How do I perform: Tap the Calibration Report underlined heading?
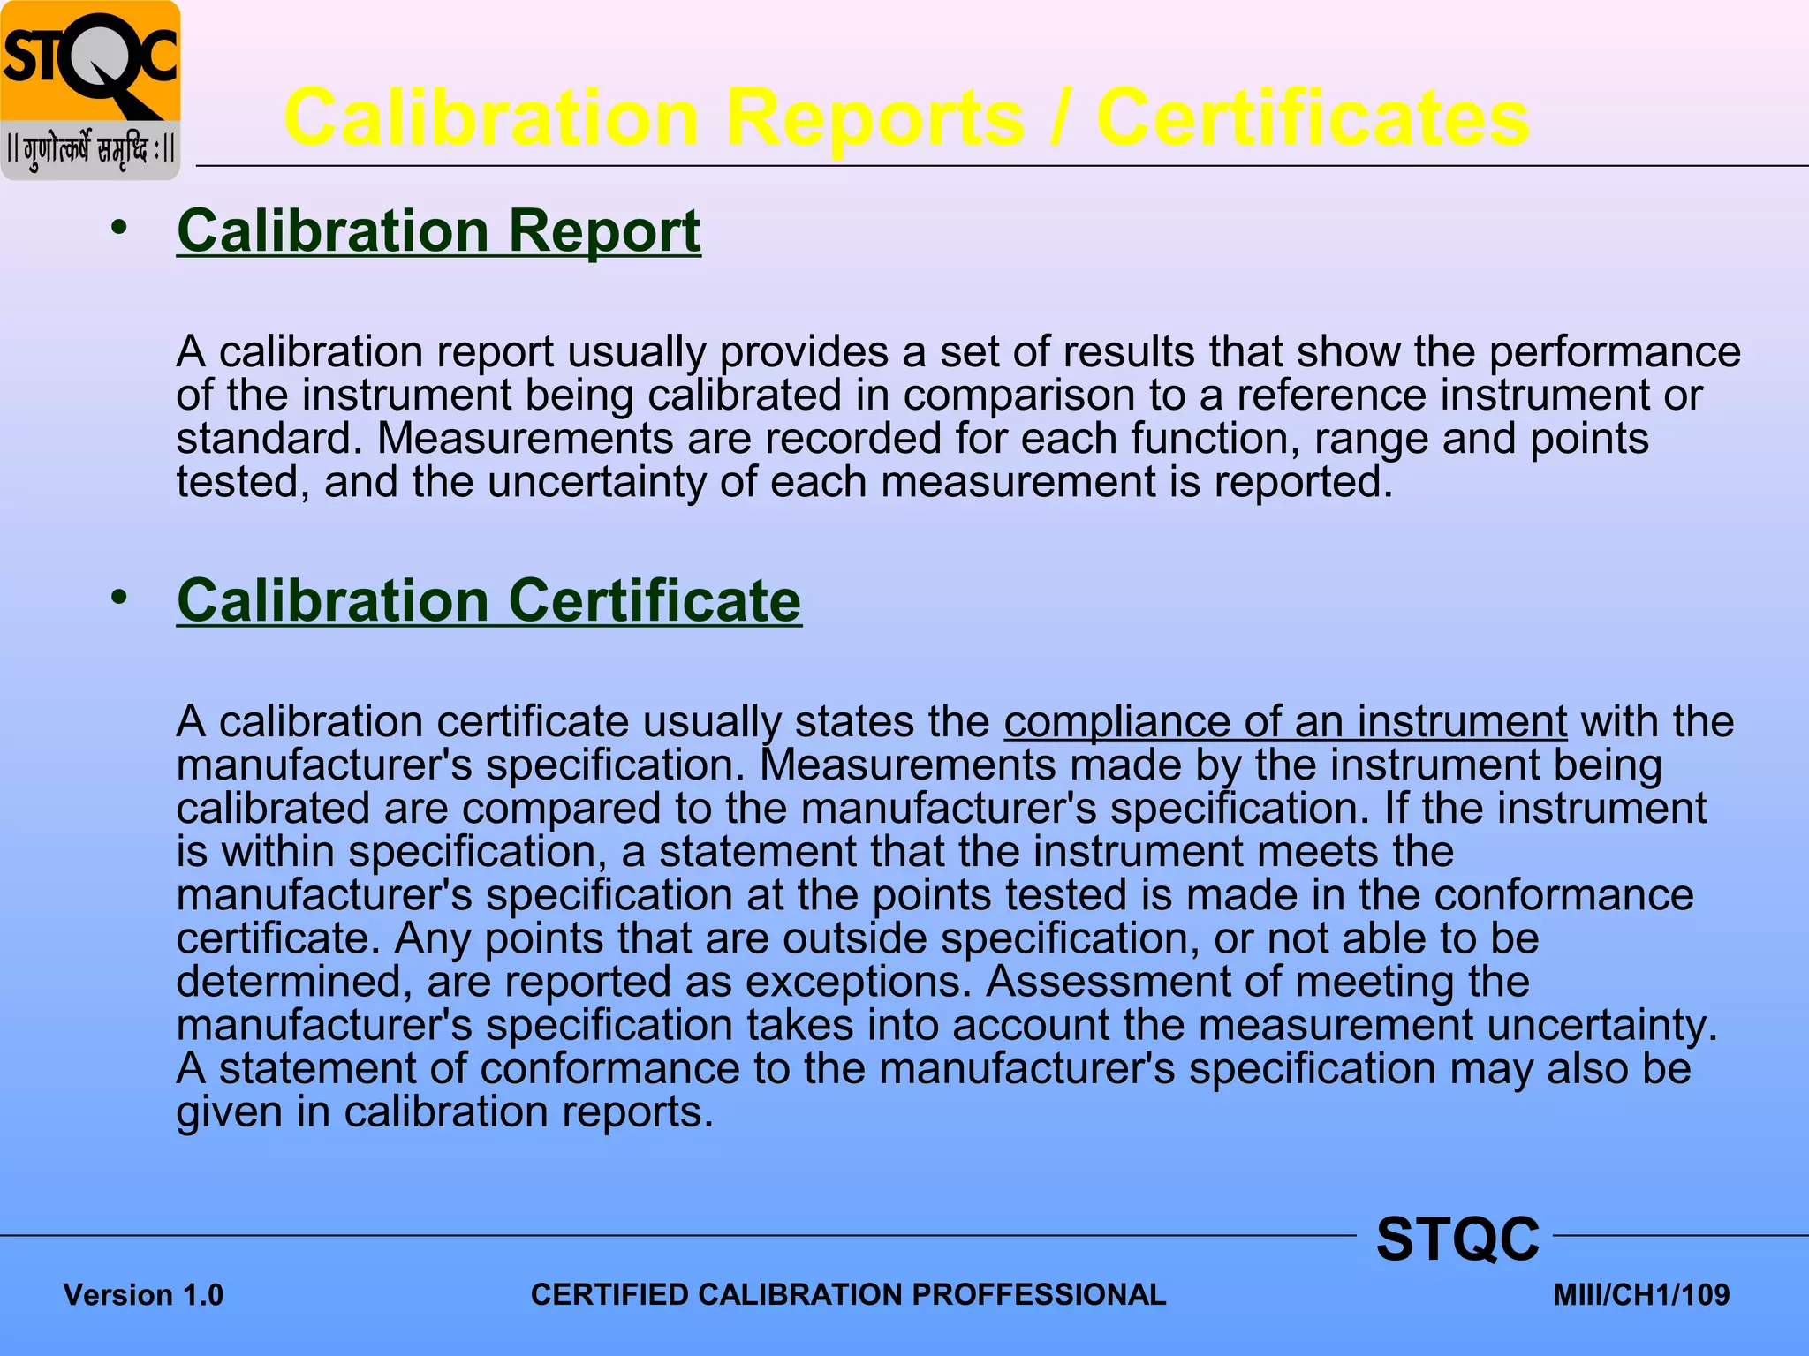tap(439, 231)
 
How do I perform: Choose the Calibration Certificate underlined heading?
tap(488, 601)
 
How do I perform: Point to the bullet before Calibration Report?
tap(119, 229)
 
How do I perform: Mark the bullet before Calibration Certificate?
tap(119, 599)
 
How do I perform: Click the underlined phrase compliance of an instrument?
tap(1285, 722)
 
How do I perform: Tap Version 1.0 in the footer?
tap(143, 1295)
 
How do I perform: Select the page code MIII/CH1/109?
tap(1641, 1295)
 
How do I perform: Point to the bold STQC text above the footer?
tap(1457, 1239)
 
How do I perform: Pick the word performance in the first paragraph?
tap(1615, 352)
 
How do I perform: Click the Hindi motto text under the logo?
tap(90, 148)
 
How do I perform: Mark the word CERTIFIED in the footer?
tap(609, 1295)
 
